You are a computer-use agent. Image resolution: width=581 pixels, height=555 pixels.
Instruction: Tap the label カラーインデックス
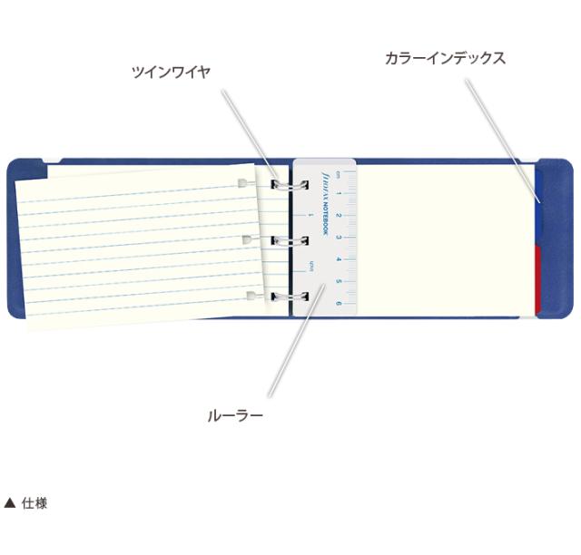tap(445, 58)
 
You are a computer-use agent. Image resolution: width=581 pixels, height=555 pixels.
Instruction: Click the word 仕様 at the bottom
tap(34, 503)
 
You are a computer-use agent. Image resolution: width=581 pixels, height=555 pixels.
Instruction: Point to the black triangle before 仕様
tap(10, 503)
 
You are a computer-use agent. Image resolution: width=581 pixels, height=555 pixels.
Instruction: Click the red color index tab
tap(537, 277)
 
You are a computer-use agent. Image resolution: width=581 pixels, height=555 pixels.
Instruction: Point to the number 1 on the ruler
tap(339, 193)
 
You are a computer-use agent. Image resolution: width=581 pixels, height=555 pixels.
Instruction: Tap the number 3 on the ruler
tap(339, 237)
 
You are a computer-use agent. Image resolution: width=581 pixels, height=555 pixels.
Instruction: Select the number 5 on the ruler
tap(339, 280)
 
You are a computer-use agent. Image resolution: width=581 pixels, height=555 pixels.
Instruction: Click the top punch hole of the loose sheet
tap(241, 184)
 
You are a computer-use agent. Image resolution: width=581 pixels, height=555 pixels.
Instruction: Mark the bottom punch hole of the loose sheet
tap(251, 296)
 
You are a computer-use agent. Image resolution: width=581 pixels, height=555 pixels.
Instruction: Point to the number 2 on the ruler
tap(339, 215)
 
